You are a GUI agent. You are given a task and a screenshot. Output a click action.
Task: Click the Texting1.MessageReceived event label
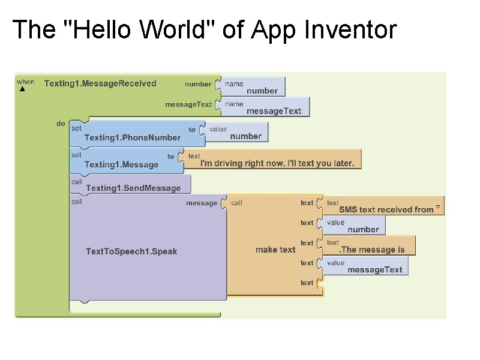100,83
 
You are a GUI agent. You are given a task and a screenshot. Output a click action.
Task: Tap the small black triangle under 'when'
22,89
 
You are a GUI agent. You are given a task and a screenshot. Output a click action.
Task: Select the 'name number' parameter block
254,87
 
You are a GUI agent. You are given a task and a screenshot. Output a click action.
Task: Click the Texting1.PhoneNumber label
132,137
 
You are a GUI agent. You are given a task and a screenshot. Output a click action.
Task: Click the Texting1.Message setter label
121,164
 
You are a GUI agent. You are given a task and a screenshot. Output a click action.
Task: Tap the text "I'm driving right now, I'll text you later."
277,163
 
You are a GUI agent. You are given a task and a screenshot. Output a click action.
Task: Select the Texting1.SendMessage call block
133,188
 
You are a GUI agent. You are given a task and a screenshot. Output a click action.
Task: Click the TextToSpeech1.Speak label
131,251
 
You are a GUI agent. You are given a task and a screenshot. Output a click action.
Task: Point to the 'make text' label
275,250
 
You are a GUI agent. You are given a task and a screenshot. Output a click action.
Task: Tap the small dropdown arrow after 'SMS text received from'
439,208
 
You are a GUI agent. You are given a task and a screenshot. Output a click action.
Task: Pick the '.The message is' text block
372,250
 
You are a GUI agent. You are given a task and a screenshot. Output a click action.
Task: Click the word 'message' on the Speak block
202,203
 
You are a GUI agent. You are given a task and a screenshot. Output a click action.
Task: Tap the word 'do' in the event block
61,124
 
